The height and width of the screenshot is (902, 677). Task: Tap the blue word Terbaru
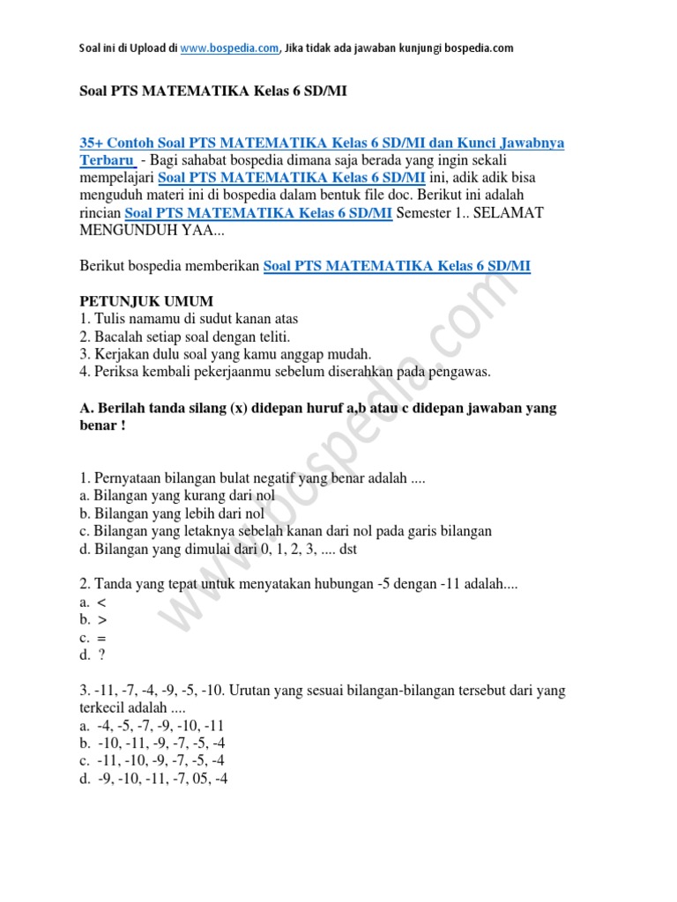click(x=107, y=160)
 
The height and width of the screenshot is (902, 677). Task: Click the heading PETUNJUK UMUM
click(x=146, y=301)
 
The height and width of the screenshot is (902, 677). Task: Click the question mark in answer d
click(x=101, y=655)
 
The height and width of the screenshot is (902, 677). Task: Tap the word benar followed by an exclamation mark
click(x=100, y=425)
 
